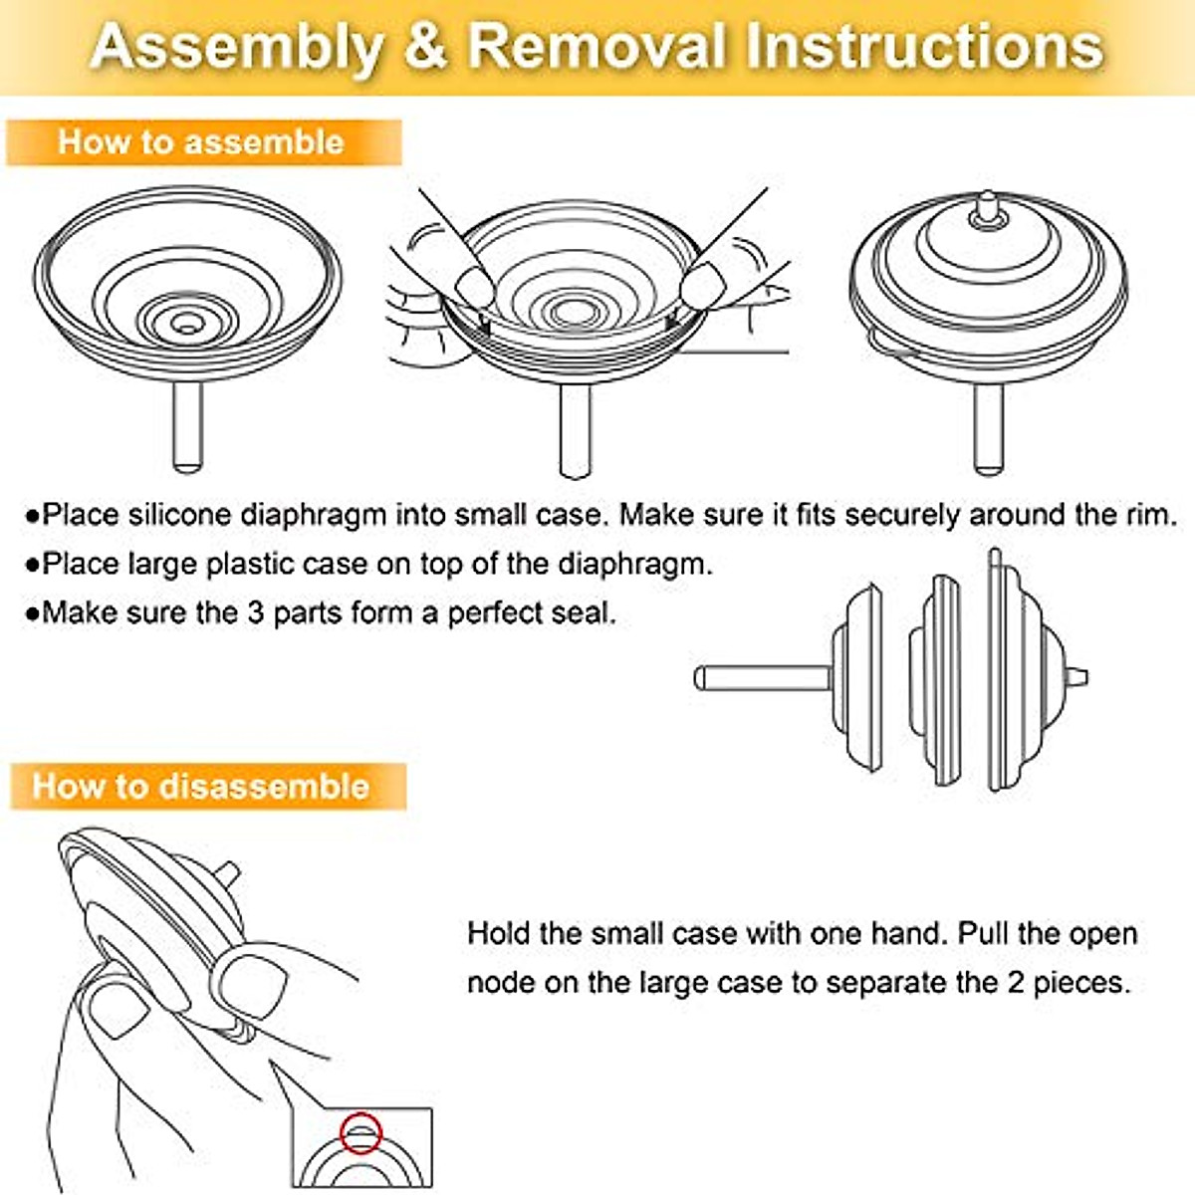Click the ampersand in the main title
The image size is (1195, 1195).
(426, 46)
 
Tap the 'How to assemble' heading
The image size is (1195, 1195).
(201, 142)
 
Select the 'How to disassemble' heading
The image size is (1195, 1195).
(201, 787)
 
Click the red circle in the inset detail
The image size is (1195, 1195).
(360, 1132)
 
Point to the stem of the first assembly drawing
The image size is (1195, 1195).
(187, 427)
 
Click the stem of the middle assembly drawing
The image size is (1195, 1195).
(576, 432)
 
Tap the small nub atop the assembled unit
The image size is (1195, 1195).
(987, 208)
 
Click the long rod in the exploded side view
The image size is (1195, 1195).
(764, 678)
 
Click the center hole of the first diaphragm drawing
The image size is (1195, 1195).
(184, 323)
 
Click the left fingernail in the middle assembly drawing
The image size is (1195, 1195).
(474, 287)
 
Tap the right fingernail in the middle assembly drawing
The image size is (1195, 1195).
(701, 287)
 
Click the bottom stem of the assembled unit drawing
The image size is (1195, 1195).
(989, 429)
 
